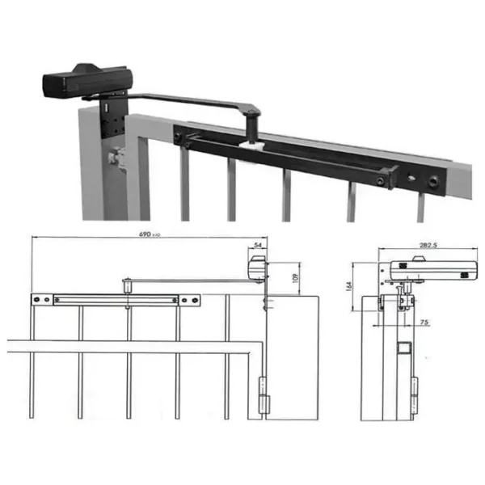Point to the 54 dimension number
(x=258, y=243)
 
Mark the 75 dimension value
(x=424, y=323)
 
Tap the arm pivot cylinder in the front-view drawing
(x=128, y=285)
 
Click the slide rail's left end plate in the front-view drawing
(x=42, y=301)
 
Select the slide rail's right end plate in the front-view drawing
(x=189, y=301)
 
